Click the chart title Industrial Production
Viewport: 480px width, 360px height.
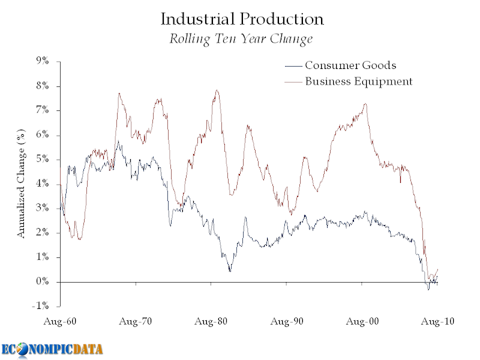(x=242, y=19)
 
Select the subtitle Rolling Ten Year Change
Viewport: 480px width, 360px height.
(x=241, y=40)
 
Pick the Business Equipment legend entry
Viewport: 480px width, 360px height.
(x=358, y=81)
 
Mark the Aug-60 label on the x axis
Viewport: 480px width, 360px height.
(x=61, y=322)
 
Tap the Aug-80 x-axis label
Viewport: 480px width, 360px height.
(x=211, y=322)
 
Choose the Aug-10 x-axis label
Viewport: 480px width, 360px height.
(x=437, y=322)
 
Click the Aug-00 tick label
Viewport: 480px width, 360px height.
(x=362, y=322)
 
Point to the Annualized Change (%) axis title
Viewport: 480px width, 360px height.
(x=22, y=184)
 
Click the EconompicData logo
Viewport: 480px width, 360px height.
(x=52, y=349)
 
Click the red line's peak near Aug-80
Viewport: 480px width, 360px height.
(x=217, y=91)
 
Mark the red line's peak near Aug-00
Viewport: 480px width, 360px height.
(x=365, y=104)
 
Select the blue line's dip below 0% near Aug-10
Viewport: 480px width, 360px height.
(x=428, y=290)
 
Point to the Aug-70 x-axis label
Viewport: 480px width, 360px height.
(x=136, y=322)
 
